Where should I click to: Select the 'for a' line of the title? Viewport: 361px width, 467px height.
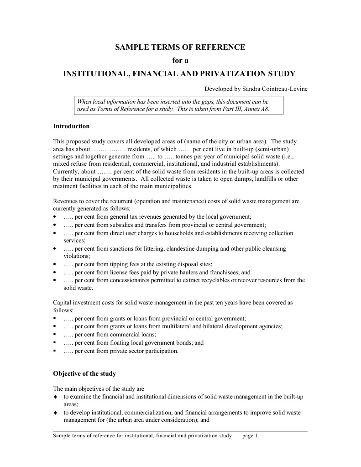tap(180, 60)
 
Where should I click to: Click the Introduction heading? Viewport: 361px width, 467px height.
tap(71, 126)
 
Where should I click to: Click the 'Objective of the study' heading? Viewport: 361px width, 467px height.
tap(84, 373)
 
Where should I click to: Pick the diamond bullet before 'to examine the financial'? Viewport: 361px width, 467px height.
tap(55, 397)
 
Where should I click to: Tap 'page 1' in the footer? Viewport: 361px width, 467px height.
tap(250, 436)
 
